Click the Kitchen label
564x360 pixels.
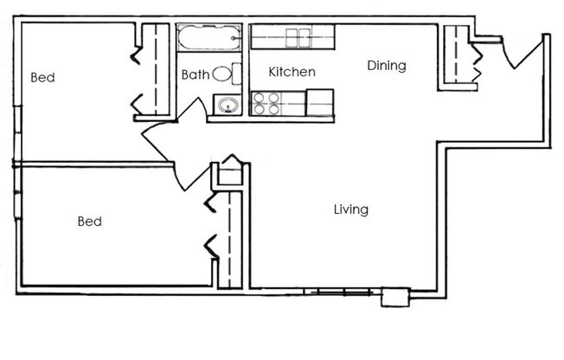[x=292, y=72]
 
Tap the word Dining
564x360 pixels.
[x=386, y=66]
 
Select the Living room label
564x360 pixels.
[x=351, y=209]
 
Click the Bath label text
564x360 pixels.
[x=195, y=75]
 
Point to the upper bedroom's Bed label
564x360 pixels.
[x=42, y=78]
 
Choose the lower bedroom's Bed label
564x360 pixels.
[x=90, y=222]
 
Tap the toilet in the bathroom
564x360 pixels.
[x=222, y=74]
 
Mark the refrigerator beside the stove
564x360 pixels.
[x=320, y=102]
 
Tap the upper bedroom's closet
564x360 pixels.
[x=155, y=69]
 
